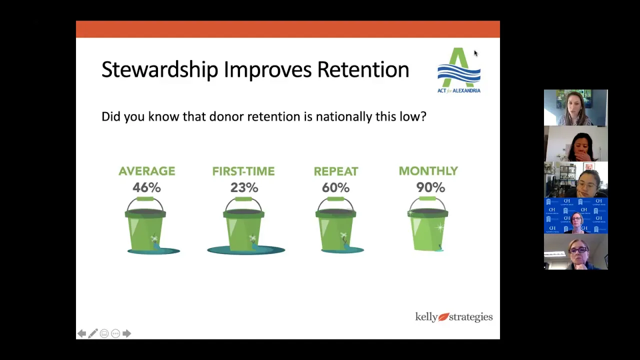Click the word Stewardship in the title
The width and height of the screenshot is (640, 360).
(x=160, y=69)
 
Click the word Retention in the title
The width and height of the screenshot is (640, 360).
(x=363, y=69)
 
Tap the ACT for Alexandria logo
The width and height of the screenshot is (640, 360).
(x=459, y=70)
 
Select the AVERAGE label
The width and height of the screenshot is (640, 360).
(x=147, y=171)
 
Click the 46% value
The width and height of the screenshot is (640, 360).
(x=146, y=187)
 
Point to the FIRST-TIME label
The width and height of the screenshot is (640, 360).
(x=243, y=171)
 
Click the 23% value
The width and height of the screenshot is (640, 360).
(x=244, y=187)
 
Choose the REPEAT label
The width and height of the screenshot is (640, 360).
(x=336, y=171)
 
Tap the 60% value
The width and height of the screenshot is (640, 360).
(x=335, y=187)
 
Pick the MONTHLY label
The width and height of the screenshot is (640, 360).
(x=428, y=171)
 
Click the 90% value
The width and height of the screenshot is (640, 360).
(x=430, y=187)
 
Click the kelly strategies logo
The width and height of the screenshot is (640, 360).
(x=454, y=317)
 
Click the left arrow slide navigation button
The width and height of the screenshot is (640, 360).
(x=81, y=333)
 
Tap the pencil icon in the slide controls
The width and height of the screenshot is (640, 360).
(x=93, y=333)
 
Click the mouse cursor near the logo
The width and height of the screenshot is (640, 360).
(x=475, y=53)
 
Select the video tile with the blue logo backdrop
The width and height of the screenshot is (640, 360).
(x=575, y=215)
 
